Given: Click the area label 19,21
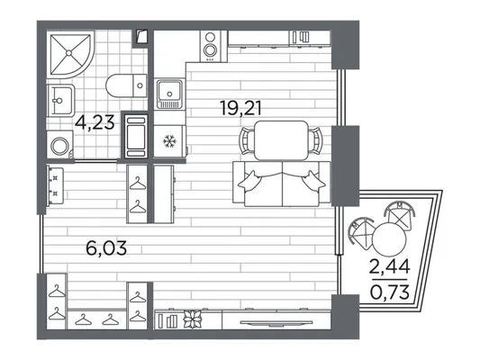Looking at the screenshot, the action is click(x=241, y=109).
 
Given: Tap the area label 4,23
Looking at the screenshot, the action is click(x=95, y=122).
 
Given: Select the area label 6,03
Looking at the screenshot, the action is click(x=106, y=248).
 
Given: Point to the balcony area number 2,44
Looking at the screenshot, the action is click(x=390, y=266).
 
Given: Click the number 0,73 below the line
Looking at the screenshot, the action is click(x=390, y=292).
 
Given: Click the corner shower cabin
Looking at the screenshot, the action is click(x=70, y=54).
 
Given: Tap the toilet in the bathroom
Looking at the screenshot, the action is click(x=126, y=85).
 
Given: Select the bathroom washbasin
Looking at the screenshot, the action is click(x=60, y=100).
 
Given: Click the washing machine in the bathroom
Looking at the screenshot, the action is click(x=60, y=145).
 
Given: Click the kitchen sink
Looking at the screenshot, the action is click(x=169, y=94).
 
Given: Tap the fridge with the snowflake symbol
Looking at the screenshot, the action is click(x=169, y=141).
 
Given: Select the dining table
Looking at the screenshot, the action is click(x=281, y=140).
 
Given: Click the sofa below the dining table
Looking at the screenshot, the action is click(x=282, y=184).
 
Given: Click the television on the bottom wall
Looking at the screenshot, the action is click(x=276, y=322).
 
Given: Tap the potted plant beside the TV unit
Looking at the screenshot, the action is click(x=192, y=319).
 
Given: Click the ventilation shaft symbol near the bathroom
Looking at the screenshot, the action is click(x=141, y=37).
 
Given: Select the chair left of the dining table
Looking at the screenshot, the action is click(x=247, y=141).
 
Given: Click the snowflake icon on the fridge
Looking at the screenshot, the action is click(x=168, y=141).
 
